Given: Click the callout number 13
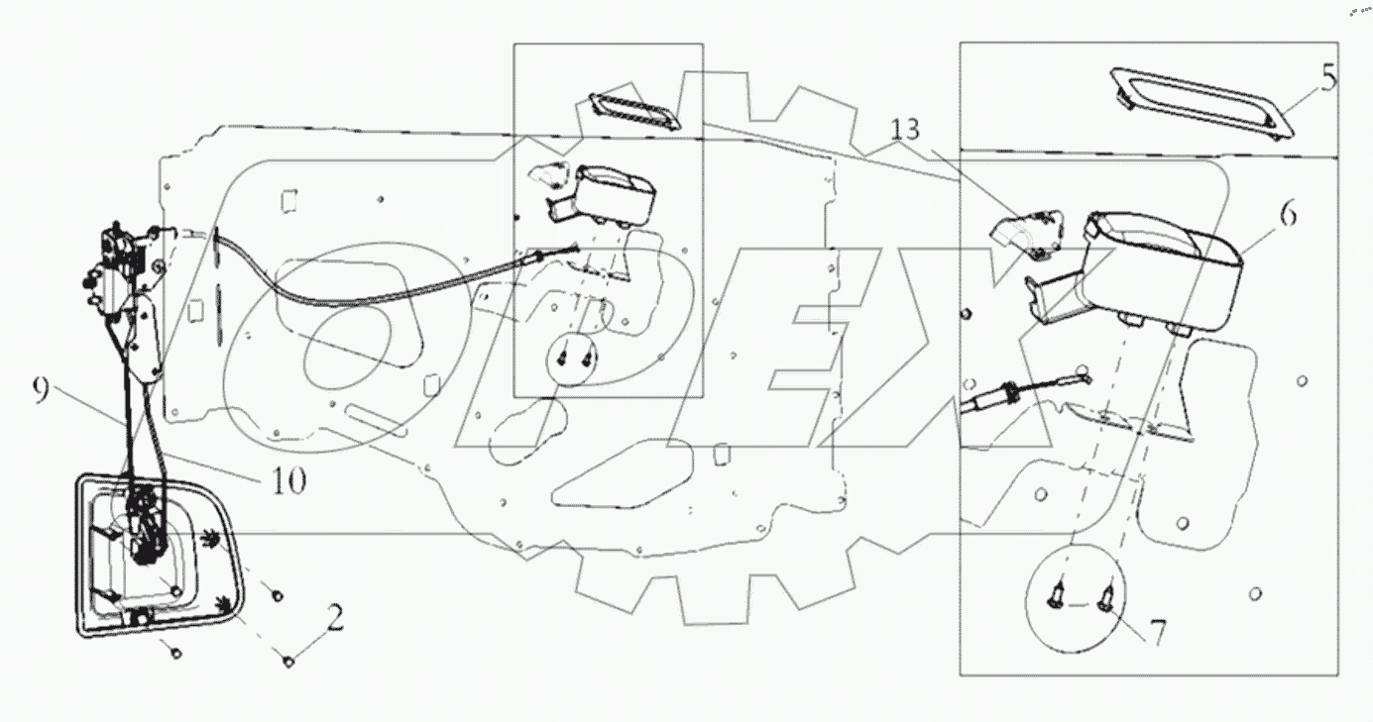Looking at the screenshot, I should tap(903, 130).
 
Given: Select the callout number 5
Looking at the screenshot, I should tap(1328, 76).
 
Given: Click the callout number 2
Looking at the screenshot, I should tap(335, 621).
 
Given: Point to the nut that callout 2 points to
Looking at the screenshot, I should tap(287, 662).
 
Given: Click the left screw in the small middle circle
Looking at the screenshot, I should tap(564, 353).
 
